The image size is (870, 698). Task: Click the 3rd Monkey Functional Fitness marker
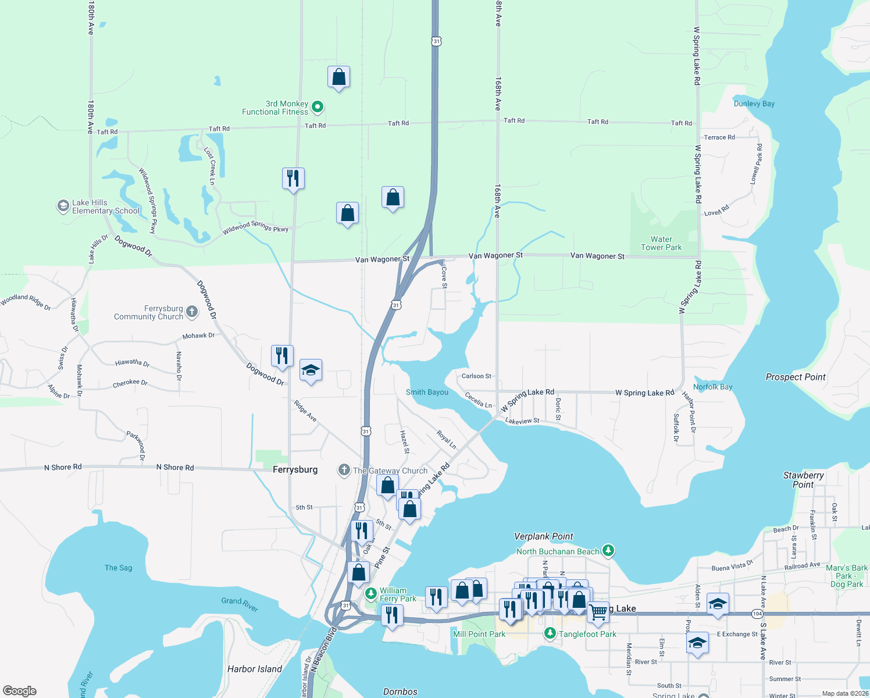click(x=318, y=106)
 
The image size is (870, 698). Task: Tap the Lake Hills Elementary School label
click(x=105, y=207)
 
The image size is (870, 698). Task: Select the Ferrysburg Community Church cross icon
click(x=191, y=312)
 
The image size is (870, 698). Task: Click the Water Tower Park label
click(x=661, y=243)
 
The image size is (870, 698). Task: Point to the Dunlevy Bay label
click(x=754, y=104)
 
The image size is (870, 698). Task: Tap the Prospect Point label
click(x=795, y=377)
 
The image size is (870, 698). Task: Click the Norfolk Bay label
click(x=712, y=387)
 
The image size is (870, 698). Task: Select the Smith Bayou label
click(x=427, y=392)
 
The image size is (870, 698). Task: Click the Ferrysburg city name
click(x=295, y=469)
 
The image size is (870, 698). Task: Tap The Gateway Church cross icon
click(x=344, y=470)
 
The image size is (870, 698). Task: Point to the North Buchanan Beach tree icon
click(x=608, y=550)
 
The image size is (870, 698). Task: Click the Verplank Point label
click(x=543, y=536)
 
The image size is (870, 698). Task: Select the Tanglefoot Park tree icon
click(x=550, y=633)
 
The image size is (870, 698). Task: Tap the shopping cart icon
click(x=597, y=612)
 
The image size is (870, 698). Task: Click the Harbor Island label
click(x=254, y=669)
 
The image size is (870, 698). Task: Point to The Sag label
click(x=118, y=568)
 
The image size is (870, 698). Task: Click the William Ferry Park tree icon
click(x=370, y=594)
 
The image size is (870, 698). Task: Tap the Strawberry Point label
click(x=803, y=480)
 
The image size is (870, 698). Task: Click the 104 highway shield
click(x=757, y=614)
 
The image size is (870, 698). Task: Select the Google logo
click(x=20, y=690)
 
